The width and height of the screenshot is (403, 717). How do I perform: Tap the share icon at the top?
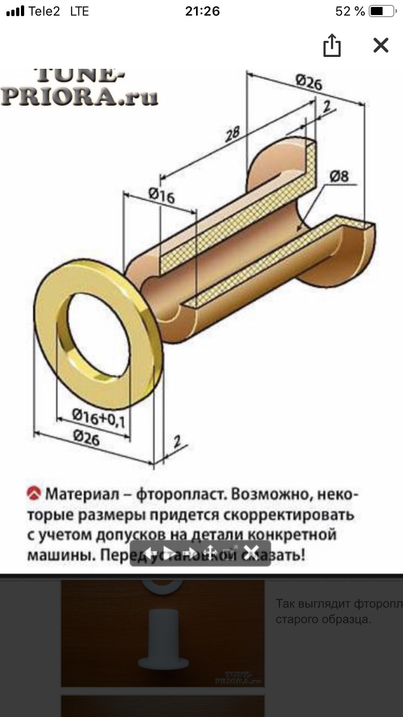tap(332, 45)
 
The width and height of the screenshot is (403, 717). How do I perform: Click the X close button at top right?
tap(380, 45)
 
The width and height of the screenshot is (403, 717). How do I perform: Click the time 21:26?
tap(201, 11)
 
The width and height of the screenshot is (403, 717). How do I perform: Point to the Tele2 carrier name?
tap(44, 11)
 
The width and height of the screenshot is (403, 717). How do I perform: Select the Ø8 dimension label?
tap(339, 176)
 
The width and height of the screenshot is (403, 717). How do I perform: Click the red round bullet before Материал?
tap(34, 493)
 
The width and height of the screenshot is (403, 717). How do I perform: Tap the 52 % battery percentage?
tap(350, 11)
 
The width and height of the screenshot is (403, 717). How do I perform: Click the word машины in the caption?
tap(61, 555)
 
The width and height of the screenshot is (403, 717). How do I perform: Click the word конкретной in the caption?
tap(293, 535)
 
